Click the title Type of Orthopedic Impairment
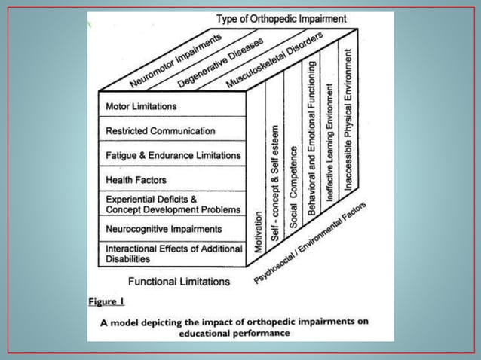[x=281, y=17]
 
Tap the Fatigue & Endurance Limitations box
[x=173, y=155]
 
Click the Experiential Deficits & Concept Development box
[x=173, y=204]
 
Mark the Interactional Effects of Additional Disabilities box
[x=173, y=253]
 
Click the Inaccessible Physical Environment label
[x=348, y=118]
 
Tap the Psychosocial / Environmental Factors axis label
[x=310, y=243]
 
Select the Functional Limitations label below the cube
[x=179, y=282]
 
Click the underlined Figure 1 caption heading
[x=106, y=301]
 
